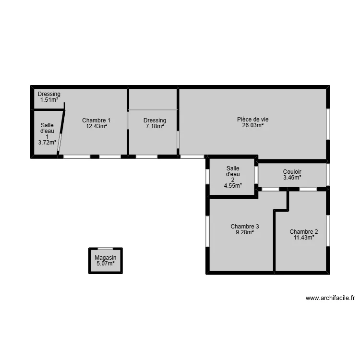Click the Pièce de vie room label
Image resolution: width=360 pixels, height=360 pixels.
(253, 120)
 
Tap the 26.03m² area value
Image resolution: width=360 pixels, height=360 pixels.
(253, 125)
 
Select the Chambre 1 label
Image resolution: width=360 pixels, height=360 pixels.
(96, 120)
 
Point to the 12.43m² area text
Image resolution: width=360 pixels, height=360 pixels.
(96, 126)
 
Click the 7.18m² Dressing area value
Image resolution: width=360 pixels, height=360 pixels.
(155, 126)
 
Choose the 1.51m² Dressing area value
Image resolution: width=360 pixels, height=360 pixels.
(49, 100)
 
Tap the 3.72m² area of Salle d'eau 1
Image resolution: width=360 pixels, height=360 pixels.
(47, 142)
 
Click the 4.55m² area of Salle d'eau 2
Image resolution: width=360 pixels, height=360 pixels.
(233, 186)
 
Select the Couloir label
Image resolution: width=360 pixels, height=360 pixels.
(292, 172)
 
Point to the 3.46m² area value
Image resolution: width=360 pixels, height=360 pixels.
(292, 178)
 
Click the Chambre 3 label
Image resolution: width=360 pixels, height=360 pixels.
(245, 227)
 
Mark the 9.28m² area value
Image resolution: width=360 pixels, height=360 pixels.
(245, 232)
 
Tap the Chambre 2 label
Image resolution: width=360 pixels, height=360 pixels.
(304, 232)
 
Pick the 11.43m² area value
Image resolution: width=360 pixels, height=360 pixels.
(304, 238)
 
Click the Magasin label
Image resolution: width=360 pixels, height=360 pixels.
(106, 258)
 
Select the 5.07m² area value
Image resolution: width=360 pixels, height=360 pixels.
(106, 264)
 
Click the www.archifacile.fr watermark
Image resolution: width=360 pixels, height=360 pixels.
(330, 298)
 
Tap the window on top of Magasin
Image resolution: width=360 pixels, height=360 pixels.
(106, 249)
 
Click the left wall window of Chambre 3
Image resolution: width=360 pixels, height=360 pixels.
(207, 231)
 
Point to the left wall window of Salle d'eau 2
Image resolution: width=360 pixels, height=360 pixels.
(207, 177)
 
